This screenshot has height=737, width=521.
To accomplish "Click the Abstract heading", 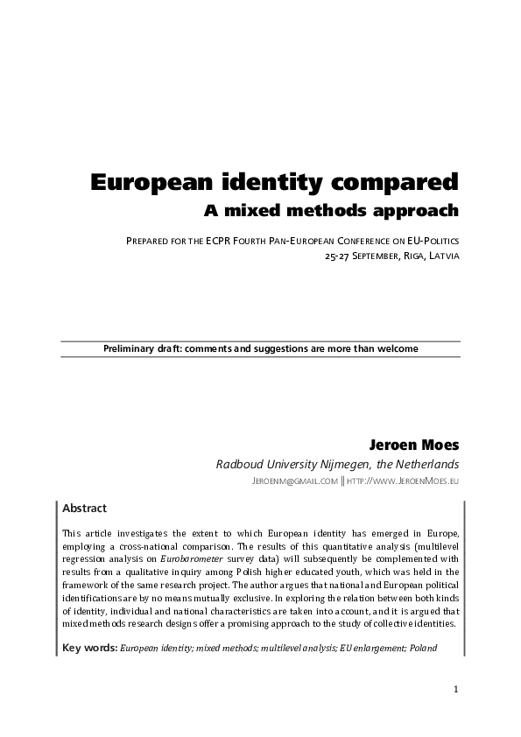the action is coord(85,508).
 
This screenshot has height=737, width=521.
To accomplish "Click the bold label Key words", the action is coord(89,649).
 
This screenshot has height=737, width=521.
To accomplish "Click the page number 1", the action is coord(456,690).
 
